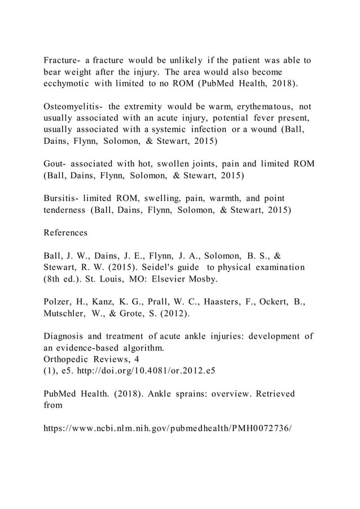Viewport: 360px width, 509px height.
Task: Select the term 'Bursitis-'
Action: (x=63, y=199)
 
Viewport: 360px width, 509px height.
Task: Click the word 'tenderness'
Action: (x=64, y=210)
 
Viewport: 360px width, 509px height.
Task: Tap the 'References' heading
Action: (x=65, y=232)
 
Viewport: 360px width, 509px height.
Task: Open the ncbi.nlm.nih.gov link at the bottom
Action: (x=168, y=429)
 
